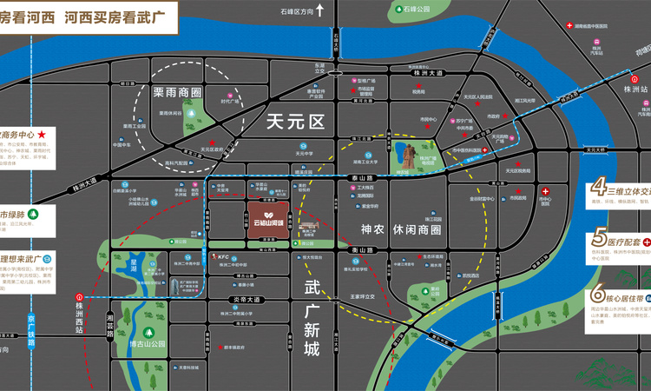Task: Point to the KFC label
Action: tap(223, 256)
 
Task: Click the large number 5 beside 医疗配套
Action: tap(600, 238)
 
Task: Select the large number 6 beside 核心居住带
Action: tap(600, 297)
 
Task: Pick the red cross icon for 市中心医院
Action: tap(545, 191)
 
